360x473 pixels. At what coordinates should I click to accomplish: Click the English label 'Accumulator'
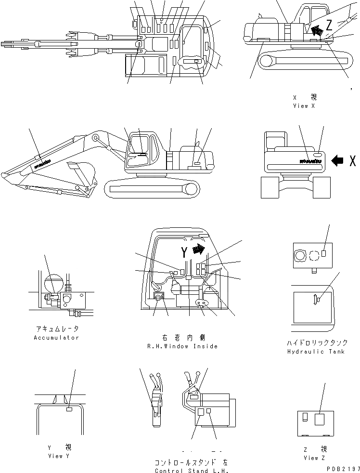point(56,338)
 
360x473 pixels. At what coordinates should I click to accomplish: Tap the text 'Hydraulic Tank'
point(315,352)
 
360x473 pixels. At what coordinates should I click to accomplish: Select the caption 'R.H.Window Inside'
point(182,346)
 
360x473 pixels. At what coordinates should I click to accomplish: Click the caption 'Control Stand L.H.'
point(191,471)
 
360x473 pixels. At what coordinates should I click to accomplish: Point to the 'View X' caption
point(304,106)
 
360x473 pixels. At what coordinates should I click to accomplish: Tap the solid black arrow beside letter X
point(338,161)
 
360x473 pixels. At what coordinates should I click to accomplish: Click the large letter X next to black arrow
point(353,161)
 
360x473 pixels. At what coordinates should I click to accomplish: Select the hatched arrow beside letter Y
point(197,250)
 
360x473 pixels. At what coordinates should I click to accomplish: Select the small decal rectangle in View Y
point(69,409)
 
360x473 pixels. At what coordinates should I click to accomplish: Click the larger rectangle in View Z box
point(319,419)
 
